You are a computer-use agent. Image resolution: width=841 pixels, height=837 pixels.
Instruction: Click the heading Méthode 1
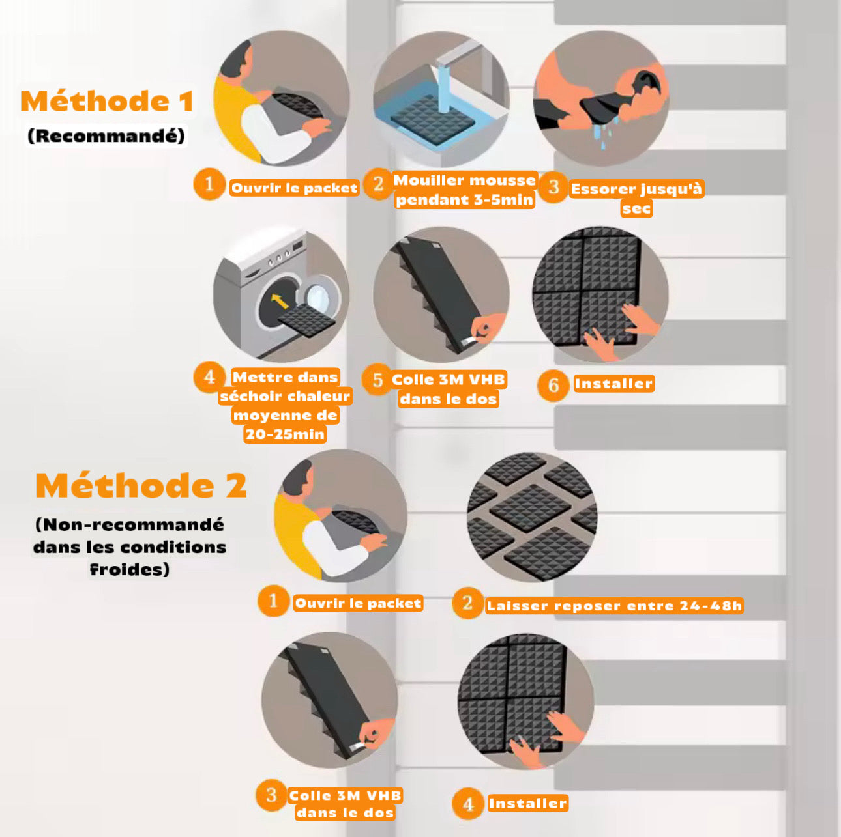(107, 101)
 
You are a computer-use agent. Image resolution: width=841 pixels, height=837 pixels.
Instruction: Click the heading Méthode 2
(141, 485)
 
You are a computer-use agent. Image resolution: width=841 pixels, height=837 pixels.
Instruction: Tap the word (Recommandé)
(106, 135)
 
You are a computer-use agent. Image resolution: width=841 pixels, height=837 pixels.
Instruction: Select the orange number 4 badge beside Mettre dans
(209, 377)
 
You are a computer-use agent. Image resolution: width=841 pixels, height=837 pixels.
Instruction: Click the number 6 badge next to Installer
(553, 385)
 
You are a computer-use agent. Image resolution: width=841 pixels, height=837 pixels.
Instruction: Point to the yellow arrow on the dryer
(279, 301)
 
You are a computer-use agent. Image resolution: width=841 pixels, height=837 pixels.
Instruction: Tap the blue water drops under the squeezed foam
(608, 132)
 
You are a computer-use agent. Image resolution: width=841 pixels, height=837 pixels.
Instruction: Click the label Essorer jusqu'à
(637, 190)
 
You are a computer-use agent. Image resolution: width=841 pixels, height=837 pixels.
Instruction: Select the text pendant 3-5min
(465, 200)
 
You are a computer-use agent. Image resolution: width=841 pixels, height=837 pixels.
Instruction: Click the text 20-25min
(285, 434)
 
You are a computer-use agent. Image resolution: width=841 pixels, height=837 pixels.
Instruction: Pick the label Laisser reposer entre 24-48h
(615, 605)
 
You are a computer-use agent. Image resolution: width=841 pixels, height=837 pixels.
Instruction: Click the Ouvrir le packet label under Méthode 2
(359, 603)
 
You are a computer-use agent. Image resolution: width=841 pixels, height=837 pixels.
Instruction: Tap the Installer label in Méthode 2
(527, 803)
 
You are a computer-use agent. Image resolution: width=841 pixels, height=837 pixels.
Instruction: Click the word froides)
(129, 569)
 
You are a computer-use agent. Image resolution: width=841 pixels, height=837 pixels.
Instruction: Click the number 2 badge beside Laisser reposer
(467, 603)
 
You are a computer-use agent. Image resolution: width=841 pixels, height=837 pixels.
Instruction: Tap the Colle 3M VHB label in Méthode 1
(449, 380)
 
